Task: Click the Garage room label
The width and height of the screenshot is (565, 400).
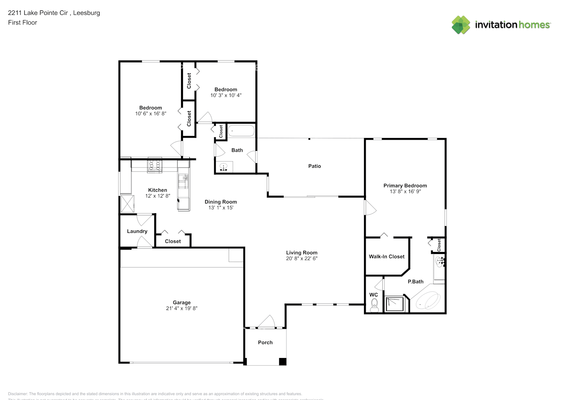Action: (x=181, y=302)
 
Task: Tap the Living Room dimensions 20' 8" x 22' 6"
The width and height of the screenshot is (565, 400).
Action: (x=302, y=258)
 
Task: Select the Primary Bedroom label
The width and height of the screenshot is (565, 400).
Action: (x=405, y=186)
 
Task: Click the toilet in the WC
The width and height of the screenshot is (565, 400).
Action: (x=374, y=306)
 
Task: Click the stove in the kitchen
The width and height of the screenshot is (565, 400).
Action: (x=155, y=166)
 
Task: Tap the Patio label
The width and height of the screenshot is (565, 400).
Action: (x=314, y=166)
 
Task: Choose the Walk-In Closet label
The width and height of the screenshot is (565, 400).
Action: (x=386, y=256)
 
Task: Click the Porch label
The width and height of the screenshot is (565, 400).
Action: (x=265, y=342)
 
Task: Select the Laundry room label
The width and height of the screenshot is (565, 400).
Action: (x=137, y=231)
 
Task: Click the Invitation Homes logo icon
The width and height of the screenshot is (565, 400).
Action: (x=461, y=25)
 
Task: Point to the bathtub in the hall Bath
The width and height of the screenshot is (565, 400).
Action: (x=241, y=131)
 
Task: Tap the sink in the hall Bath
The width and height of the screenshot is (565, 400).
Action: (x=223, y=167)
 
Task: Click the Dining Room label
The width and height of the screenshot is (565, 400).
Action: (x=221, y=202)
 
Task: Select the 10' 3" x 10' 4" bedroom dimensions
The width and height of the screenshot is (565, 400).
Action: (x=226, y=95)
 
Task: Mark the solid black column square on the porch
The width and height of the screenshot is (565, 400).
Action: (x=282, y=361)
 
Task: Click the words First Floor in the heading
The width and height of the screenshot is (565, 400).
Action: (x=22, y=22)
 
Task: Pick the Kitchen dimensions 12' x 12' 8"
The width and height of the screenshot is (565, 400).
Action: (x=157, y=196)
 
